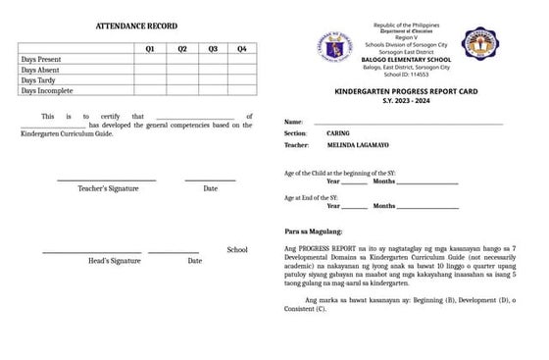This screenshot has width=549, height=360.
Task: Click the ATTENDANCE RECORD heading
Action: coord(136,24)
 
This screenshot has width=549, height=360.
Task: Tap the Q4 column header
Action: coord(241,48)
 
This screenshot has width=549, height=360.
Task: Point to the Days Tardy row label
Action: coord(40,80)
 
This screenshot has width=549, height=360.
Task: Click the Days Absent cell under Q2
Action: coord(181,70)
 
